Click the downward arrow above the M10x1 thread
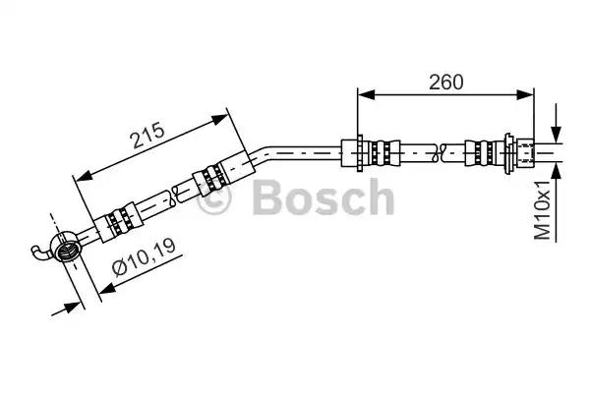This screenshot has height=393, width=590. click(x=556, y=136)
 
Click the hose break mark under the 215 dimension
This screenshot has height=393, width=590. click(x=172, y=196)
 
